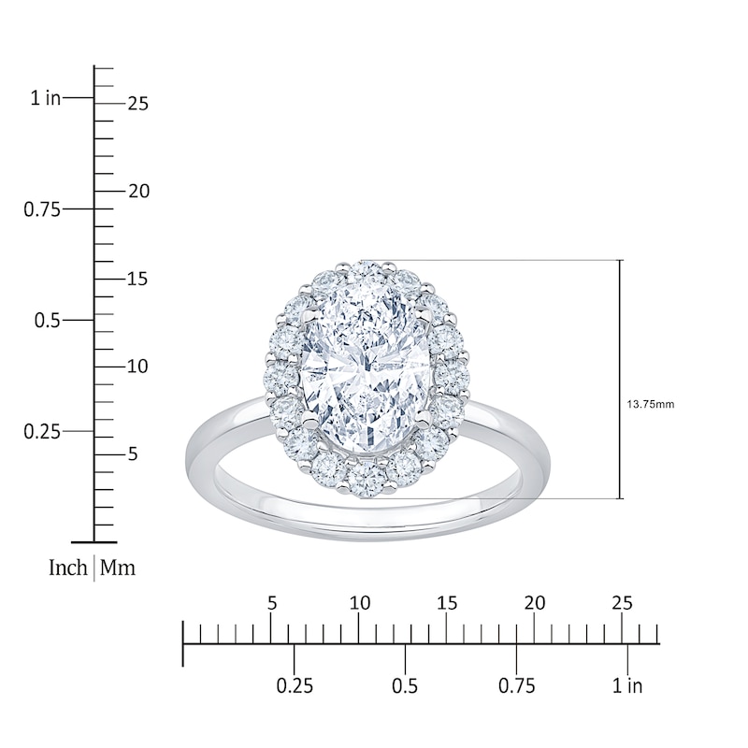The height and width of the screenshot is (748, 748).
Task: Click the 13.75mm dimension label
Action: [650, 405]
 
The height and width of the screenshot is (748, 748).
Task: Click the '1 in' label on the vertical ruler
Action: [46, 98]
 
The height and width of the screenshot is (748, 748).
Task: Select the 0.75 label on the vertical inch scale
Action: [42, 209]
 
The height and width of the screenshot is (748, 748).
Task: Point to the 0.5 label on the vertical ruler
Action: [48, 320]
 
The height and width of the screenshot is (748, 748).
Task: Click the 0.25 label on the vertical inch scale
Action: [42, 432]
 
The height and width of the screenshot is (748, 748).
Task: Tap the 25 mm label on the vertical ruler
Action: [138, 104]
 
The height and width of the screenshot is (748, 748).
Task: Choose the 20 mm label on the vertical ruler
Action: [138, 192]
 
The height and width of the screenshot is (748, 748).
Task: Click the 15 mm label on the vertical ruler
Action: [137, 279]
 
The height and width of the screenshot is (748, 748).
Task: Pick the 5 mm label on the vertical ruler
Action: [133, 454]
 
